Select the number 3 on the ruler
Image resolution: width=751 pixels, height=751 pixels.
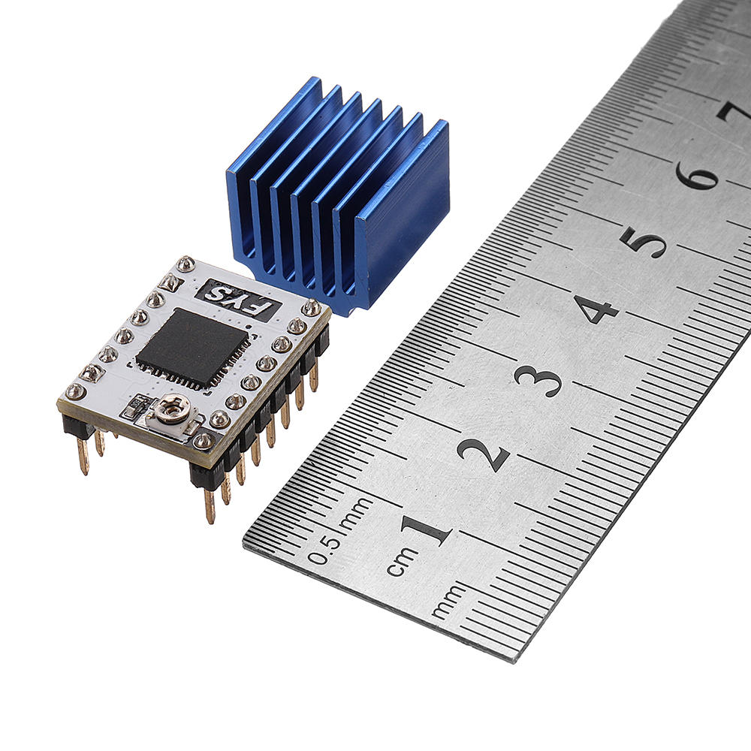[538, 381]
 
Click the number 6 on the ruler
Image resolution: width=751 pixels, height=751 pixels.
[698, 173]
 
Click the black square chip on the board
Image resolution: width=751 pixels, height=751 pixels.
[192, 347]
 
